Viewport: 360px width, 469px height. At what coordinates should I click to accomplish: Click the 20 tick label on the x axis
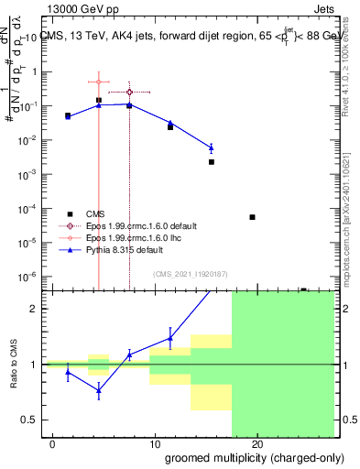point(257,444)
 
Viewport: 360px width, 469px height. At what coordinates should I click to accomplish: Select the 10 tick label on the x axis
point(155,444)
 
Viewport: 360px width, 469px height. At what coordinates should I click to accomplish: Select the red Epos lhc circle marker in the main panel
point(99,82)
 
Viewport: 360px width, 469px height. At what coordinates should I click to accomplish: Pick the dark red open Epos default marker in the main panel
point(129,93)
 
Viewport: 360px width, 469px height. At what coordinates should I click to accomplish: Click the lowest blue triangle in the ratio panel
point(99,389)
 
